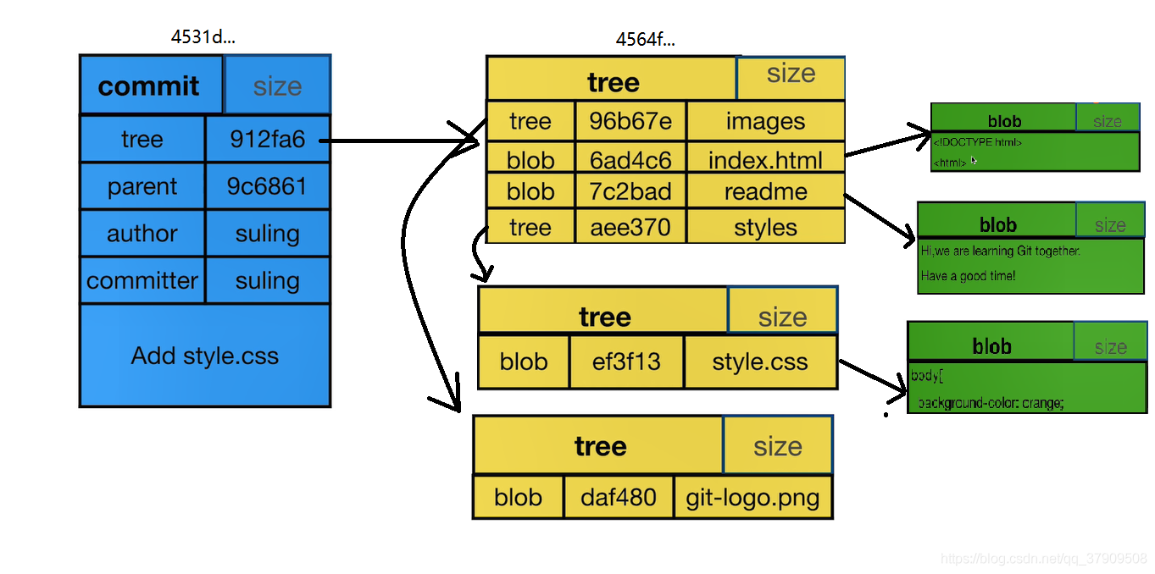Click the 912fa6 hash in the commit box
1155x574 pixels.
coord(267,139)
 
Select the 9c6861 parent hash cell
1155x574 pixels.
coord(267,186)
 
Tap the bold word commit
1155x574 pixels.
coord(149,86)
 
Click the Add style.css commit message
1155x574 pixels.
coord(204,356)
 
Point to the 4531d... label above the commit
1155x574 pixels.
coord(203,37)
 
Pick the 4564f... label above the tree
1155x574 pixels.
coord(646,39)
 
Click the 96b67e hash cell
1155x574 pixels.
coord(630,122)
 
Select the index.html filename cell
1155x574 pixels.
coord(765,160)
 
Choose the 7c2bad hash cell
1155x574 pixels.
coord(630,192)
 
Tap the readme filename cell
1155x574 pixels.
coord(765,192)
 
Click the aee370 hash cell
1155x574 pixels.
coord(630,228)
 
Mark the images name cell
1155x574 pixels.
coord(765,122)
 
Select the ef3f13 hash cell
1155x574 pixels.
coord(626,362)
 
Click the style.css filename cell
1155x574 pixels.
coord(759,362)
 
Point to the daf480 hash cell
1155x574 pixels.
coord(619,497)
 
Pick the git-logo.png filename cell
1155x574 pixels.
coord(753,497)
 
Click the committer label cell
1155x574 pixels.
coord(142,280)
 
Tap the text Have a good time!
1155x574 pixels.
coord(968,276)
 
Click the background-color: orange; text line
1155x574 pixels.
coord(990,403)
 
